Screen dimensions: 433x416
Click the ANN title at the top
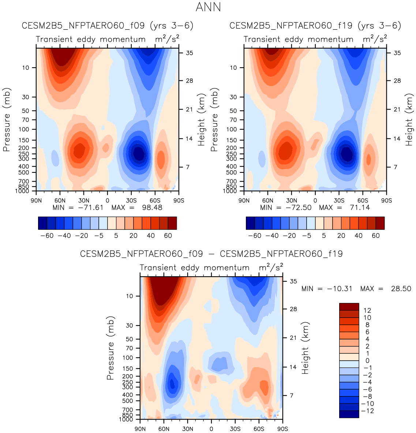coord(208,7)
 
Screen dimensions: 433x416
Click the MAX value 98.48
coord(150,208)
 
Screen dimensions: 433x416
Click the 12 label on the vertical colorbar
coord(367,311)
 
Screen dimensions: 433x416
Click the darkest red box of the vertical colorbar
coord(349,307)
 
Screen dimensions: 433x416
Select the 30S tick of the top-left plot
coord(131,200)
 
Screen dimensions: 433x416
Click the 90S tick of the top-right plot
coord(386,200)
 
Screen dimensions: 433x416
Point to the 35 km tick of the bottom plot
coord(293,281)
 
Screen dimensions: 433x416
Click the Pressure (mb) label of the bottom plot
coord(110,348)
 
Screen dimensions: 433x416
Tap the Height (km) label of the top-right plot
coord(409,119)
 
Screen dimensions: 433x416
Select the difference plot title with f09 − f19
coord(211,254)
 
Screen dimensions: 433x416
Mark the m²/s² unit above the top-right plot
coord(375,39)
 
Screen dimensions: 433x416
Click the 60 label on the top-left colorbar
coord(168,236)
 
